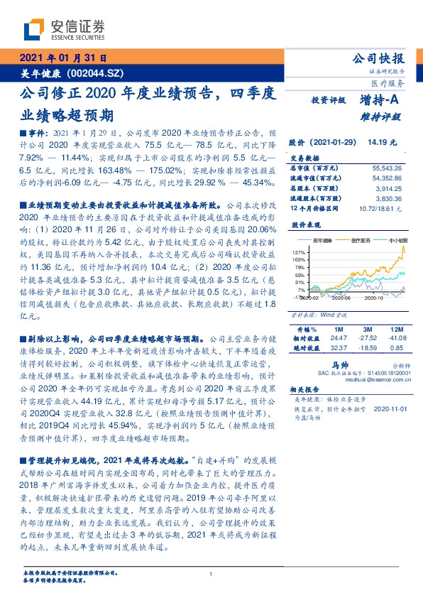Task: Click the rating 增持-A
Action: tap(380, 101)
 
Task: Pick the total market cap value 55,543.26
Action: tap(386, 167)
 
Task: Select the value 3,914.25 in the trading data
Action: tap(388, 187)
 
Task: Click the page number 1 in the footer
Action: tap(211, 575)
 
